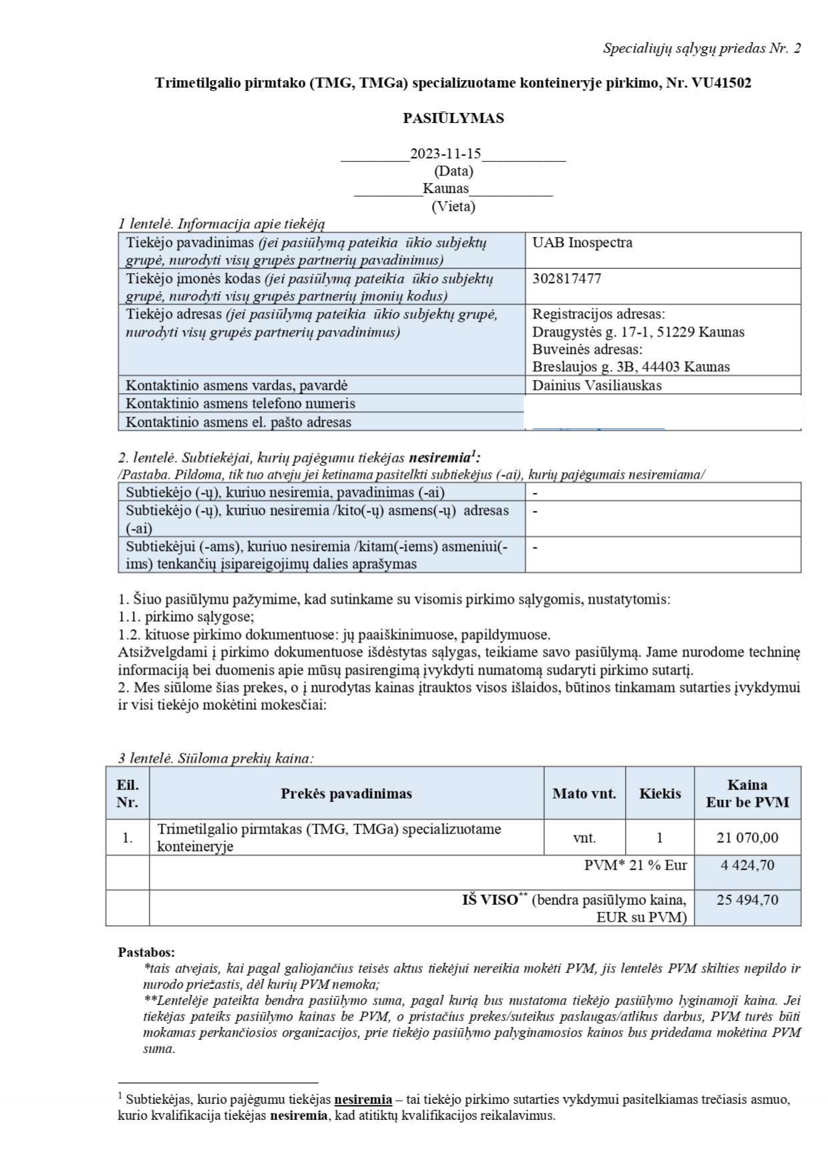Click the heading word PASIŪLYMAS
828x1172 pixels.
pos(453,118)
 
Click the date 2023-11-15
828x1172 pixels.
pos(445,154)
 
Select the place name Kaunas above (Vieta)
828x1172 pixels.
pos(445,188)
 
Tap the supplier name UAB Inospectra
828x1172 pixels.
pos(582,242)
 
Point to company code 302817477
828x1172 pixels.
pos(566,278)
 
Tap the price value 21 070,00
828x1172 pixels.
pos(747,837)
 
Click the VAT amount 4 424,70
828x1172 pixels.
pos(747,865)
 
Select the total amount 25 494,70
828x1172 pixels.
pos(747,900)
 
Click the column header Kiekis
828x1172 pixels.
pos(660,793)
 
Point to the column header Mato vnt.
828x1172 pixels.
pos(584,793)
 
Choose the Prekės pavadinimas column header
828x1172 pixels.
pos(346,793)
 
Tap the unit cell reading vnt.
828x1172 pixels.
pos(584,837)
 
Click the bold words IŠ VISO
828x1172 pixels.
pos(489,900)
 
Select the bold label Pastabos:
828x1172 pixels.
pos(146,952)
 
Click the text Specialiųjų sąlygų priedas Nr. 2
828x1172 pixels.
pos(701,48)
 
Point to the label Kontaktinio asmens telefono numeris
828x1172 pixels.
pos(240,403)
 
